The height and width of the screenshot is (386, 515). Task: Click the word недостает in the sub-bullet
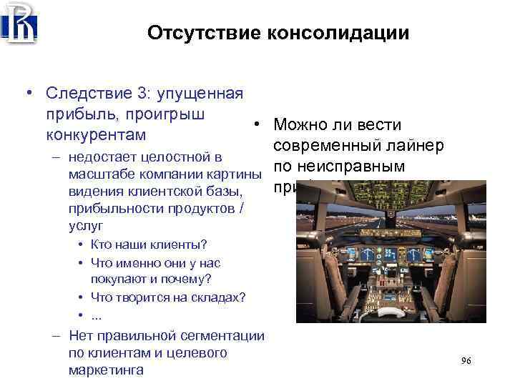pos(104,157)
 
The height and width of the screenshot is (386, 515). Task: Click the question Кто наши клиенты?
pos(149,244)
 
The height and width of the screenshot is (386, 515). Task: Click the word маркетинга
pos(106,370)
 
